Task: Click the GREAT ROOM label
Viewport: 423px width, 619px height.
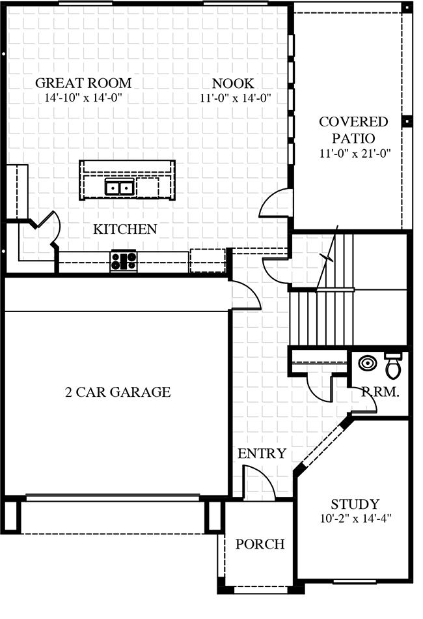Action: [x=83, y=83]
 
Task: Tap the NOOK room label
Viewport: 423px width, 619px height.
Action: [x=234, y=83]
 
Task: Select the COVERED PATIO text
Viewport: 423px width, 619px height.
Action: [x=353, y=130]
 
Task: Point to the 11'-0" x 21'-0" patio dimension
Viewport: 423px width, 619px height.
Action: [x=355, y=153]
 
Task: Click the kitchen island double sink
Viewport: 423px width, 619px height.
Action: [x=120, y=187]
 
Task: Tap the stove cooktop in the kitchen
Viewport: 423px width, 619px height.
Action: [x=124, y=261]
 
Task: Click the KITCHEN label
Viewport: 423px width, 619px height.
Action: [x=125, y=229]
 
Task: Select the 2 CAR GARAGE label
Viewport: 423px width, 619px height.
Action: [x=118, y=392]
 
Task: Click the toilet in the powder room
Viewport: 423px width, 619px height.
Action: [x=393, y=366]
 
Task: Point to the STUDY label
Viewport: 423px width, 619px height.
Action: [x=355, y=504]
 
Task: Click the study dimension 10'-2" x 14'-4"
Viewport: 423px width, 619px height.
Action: [x=355, y=518]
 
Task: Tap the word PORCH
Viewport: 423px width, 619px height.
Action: [x=260, y=544]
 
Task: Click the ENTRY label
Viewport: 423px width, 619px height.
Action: [x=262, y=453]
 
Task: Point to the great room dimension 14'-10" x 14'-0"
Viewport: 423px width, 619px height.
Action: [x=83, y=98]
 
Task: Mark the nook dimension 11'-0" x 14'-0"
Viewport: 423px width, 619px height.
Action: [x=236, y=98]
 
